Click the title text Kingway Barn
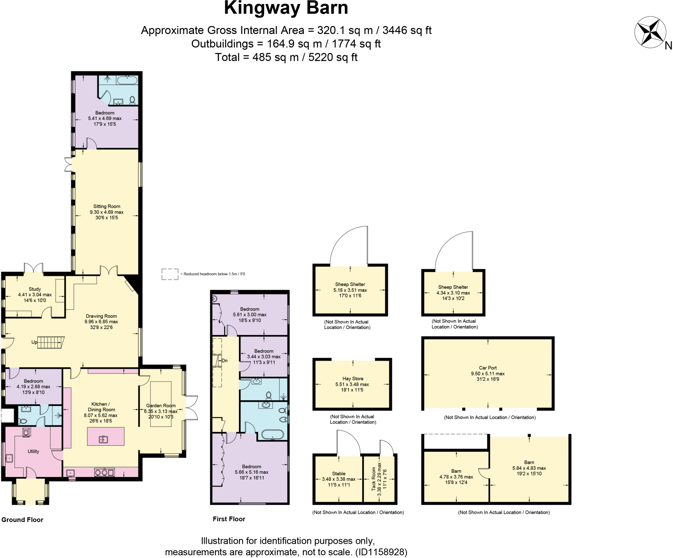pyautogui.click(x=286, y=8)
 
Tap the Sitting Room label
pyautogui.click(x=106, y=207)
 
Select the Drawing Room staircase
pyautogui.click(x=50, y=342)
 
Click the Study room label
pyautogui.click(x=35, y=289)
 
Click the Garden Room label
pyautogui.click(x=161, y=406)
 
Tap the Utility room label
pyautogui.click(x=33, y=451)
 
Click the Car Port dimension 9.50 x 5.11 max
pyautogui.click(x=488, y=374)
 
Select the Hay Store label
pyautogui.click(x=353, y=379)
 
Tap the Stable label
pyautogui.click(x=338, y=473)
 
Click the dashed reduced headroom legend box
pyautogui.click(x=170, y=274)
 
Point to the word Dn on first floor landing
pyautogui.click(x=224, y=361)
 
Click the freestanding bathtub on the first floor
pyautogui.click(x=272, y=435)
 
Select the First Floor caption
pyautogui.click(x=229, y=519)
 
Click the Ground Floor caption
pyautogui.click(x=22, y=520)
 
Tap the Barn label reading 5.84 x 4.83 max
pyautogui.click(x=529, y=468)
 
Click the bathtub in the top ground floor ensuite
pyautogui.click(x=127, y=80)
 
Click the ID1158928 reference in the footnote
pyautogui.click(x=381, y=552)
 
